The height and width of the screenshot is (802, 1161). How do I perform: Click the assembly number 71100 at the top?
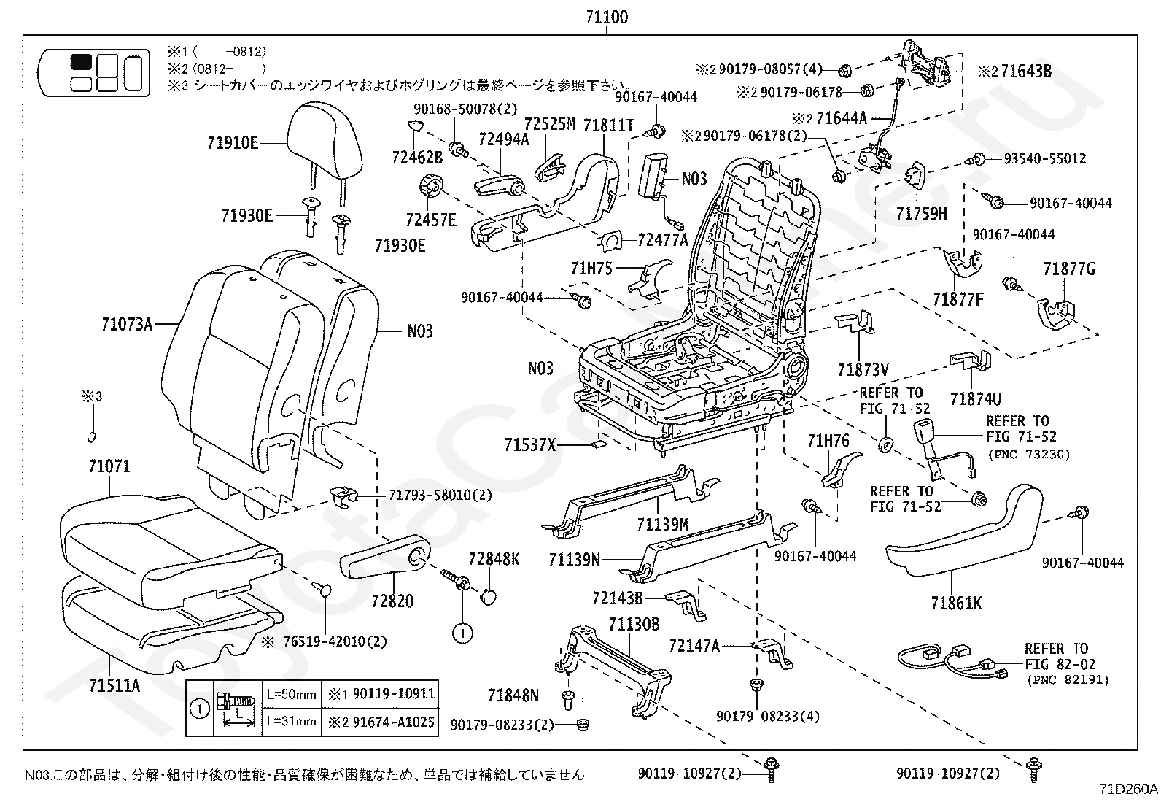(607, 17)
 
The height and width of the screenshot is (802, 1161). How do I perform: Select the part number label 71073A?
(128, 325)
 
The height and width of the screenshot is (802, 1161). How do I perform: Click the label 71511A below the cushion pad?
(114, 686)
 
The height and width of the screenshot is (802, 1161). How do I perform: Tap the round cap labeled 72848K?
(488, 596)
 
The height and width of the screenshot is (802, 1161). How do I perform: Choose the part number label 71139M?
(662, 525)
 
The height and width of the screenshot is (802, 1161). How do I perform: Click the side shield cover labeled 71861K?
(964, 532)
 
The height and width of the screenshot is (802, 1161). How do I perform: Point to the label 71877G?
(1068, 269)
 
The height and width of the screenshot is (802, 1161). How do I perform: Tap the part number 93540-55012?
(1045, 159)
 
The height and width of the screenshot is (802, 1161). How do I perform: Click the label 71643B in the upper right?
(1026, 71)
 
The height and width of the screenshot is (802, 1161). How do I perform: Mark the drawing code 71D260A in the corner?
(1128, 789)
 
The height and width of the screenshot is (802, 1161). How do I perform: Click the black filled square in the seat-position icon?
(81, 62)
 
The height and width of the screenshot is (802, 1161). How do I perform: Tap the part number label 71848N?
(513, 695)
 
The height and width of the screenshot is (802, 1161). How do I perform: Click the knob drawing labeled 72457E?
(431, 185)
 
